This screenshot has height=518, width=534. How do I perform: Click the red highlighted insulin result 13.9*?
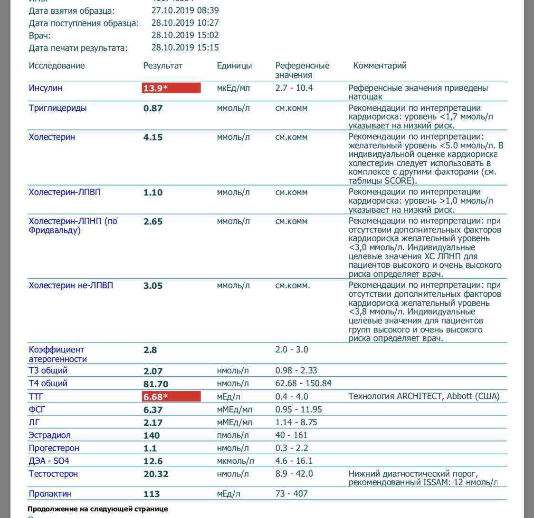click(x=171, y=88)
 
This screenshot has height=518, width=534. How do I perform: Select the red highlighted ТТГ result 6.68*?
click(x=171, y=397)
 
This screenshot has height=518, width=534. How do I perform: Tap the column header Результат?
click(x=162, y=66)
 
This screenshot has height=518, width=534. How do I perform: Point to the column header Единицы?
click(x=234, y=66)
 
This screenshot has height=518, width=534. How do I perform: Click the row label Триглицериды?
click(x=57, y=108)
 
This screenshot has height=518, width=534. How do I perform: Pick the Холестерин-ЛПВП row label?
click(x=65, y=192)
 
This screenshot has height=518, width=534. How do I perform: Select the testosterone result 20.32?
click(x=156, y=474)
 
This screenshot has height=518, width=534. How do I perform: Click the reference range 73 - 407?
click(x=291, y=493)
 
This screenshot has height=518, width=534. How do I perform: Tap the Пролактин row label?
click(x=50, y=494)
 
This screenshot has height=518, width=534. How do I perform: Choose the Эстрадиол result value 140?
click(x=152, y=435)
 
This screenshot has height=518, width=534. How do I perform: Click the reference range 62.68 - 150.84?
click(x=303, y=383)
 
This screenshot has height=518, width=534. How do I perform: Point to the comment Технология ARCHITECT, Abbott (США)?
click(x=424, y=396)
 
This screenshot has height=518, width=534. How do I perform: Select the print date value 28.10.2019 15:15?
click(x=185, y=48)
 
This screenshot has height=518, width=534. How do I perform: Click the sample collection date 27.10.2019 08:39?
click(x=185, y=10)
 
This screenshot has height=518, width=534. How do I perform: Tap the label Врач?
click(x=39, y=35)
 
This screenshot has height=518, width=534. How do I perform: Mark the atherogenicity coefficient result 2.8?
click(x=150, y=350)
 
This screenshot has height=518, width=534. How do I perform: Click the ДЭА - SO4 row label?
click(x=49, y=461)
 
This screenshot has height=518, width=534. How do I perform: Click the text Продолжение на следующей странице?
click(x=97, y=509)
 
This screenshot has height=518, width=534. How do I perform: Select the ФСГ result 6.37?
click(x=153, y=410)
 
